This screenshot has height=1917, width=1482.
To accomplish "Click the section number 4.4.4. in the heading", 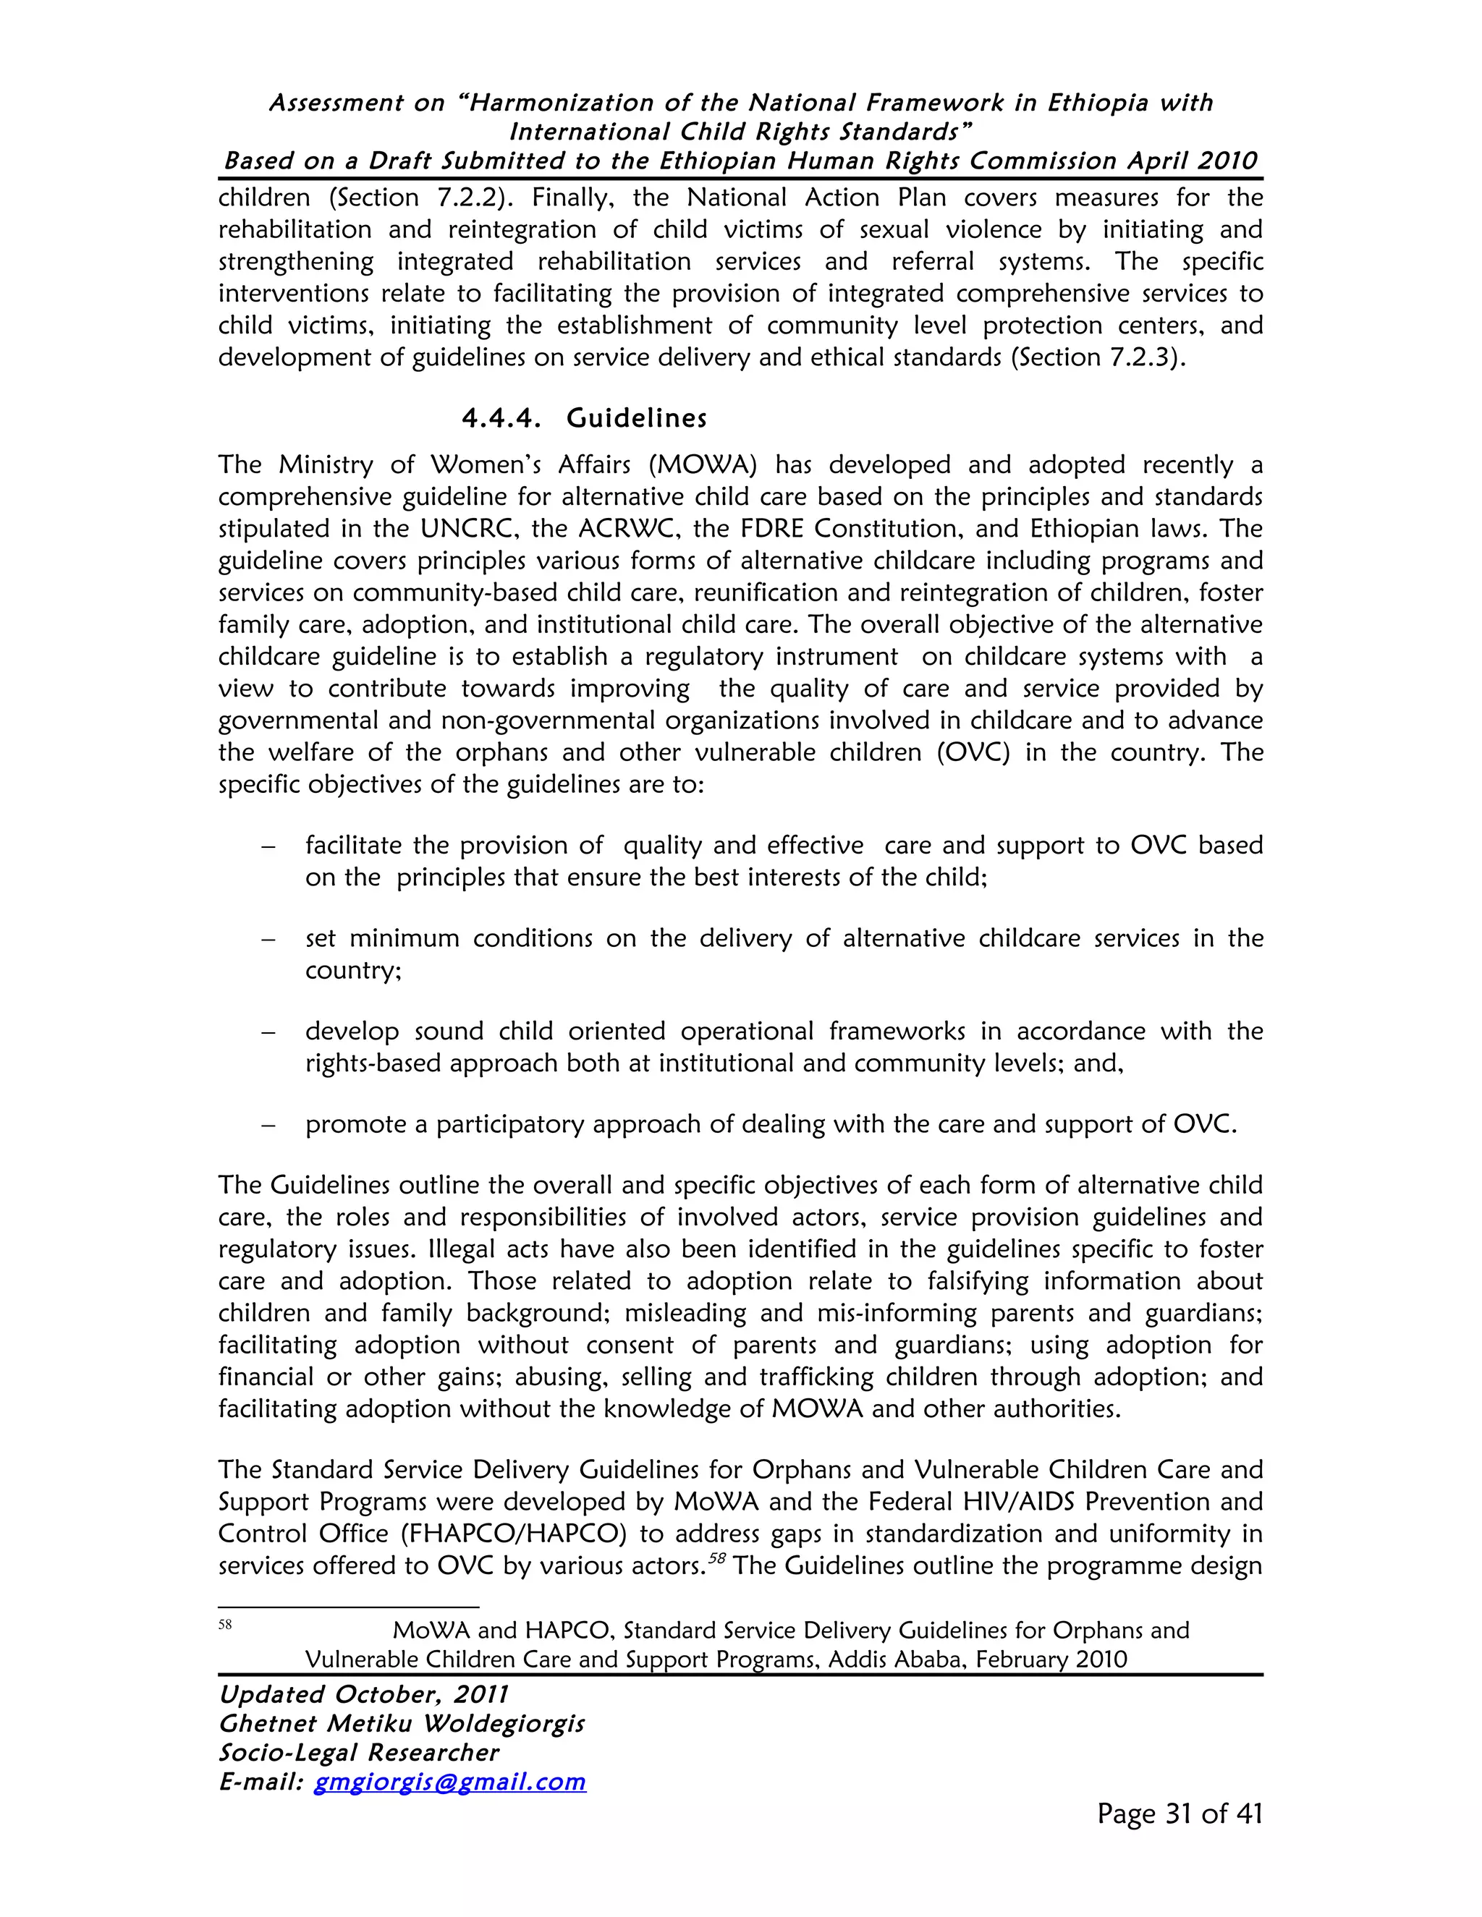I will click(501, 418).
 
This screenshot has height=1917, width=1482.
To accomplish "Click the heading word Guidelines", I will click(637, 418).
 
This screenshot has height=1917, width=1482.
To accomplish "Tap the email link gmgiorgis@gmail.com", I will click(449, 1781).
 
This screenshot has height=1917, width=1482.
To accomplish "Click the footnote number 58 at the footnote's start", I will click(225, 1625).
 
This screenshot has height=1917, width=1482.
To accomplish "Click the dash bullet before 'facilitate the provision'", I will click(268, 846).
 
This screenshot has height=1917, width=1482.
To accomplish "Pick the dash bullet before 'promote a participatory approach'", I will click(268, 1126).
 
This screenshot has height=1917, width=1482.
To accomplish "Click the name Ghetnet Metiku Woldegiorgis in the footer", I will click(401, 1723).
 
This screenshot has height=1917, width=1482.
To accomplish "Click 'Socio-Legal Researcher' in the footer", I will click(358, 1752).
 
